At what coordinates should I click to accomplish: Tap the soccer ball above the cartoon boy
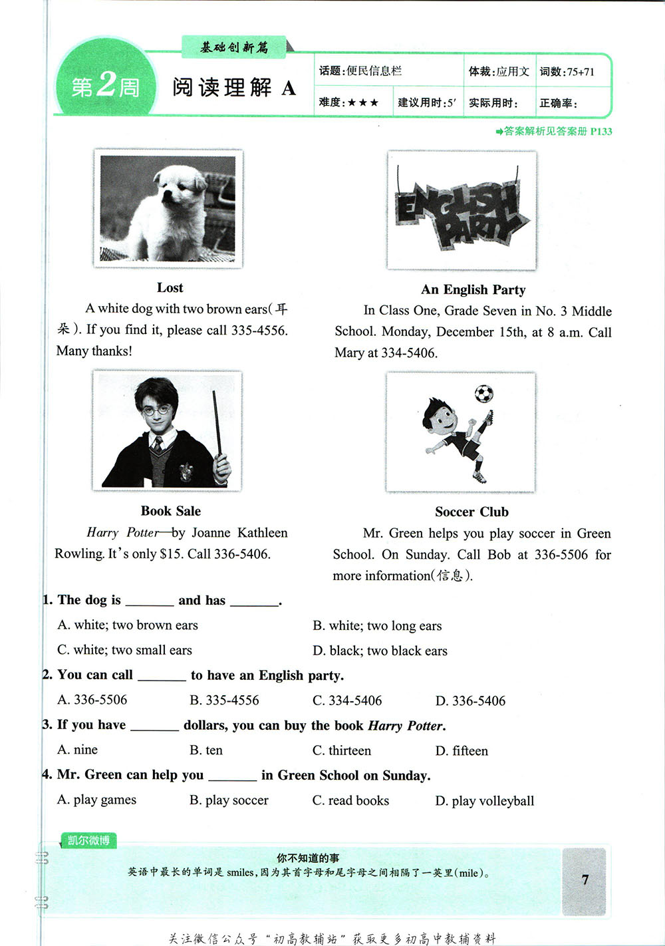coord(483,394)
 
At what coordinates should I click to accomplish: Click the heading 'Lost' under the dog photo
coord(170,287)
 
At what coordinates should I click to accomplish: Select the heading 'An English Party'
coord(473,289)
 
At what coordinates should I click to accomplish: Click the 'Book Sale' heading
coord(170,511)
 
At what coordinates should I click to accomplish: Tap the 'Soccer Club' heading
coord(471,512)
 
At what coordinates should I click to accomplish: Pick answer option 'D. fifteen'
coord(462,750)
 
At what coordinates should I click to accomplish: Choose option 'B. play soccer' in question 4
coord(229,800)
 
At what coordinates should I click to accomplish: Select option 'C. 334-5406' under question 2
coord(347,701)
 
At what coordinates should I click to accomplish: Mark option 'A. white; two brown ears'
coord(128,625)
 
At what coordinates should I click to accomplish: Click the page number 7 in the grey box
coord(585,879)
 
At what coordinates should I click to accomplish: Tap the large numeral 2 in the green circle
coord(106,84)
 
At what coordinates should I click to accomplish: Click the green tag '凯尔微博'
coord(88,840)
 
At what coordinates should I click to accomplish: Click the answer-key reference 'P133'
coord(600,131)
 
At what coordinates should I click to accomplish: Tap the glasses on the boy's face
coord(156,410)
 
